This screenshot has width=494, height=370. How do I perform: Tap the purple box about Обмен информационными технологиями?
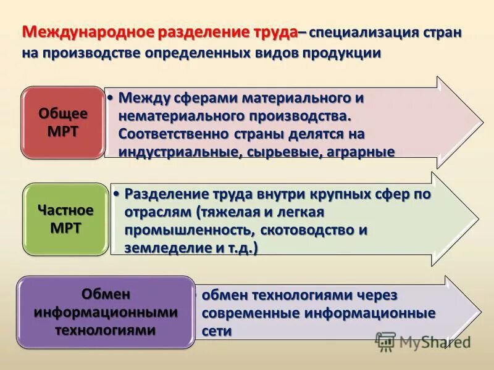(x=106, y=312)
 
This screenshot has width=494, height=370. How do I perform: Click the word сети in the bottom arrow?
(x=216, y=331)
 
